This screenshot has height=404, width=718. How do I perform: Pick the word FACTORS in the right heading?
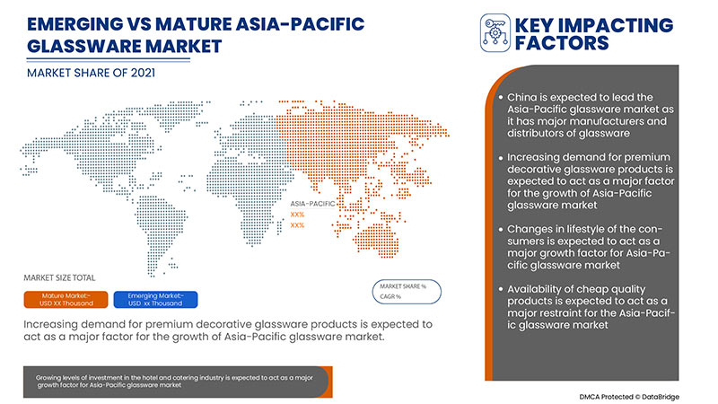[562, 43]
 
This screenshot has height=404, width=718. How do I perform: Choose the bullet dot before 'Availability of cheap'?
[499, 288]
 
